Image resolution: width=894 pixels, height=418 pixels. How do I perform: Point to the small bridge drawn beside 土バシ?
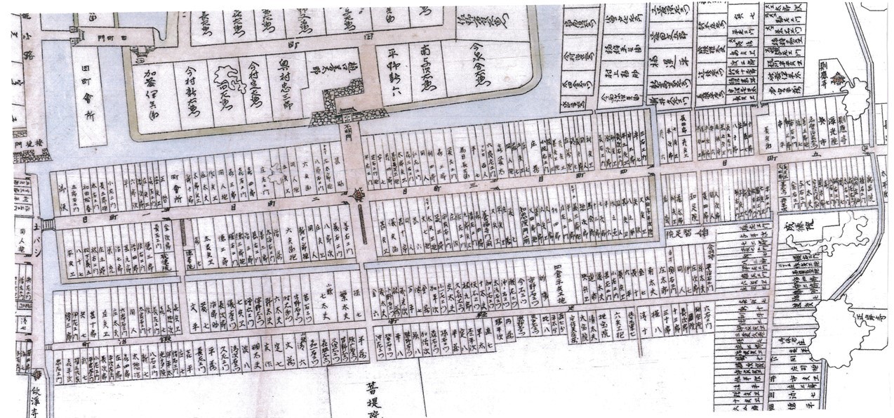(47, 224)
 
